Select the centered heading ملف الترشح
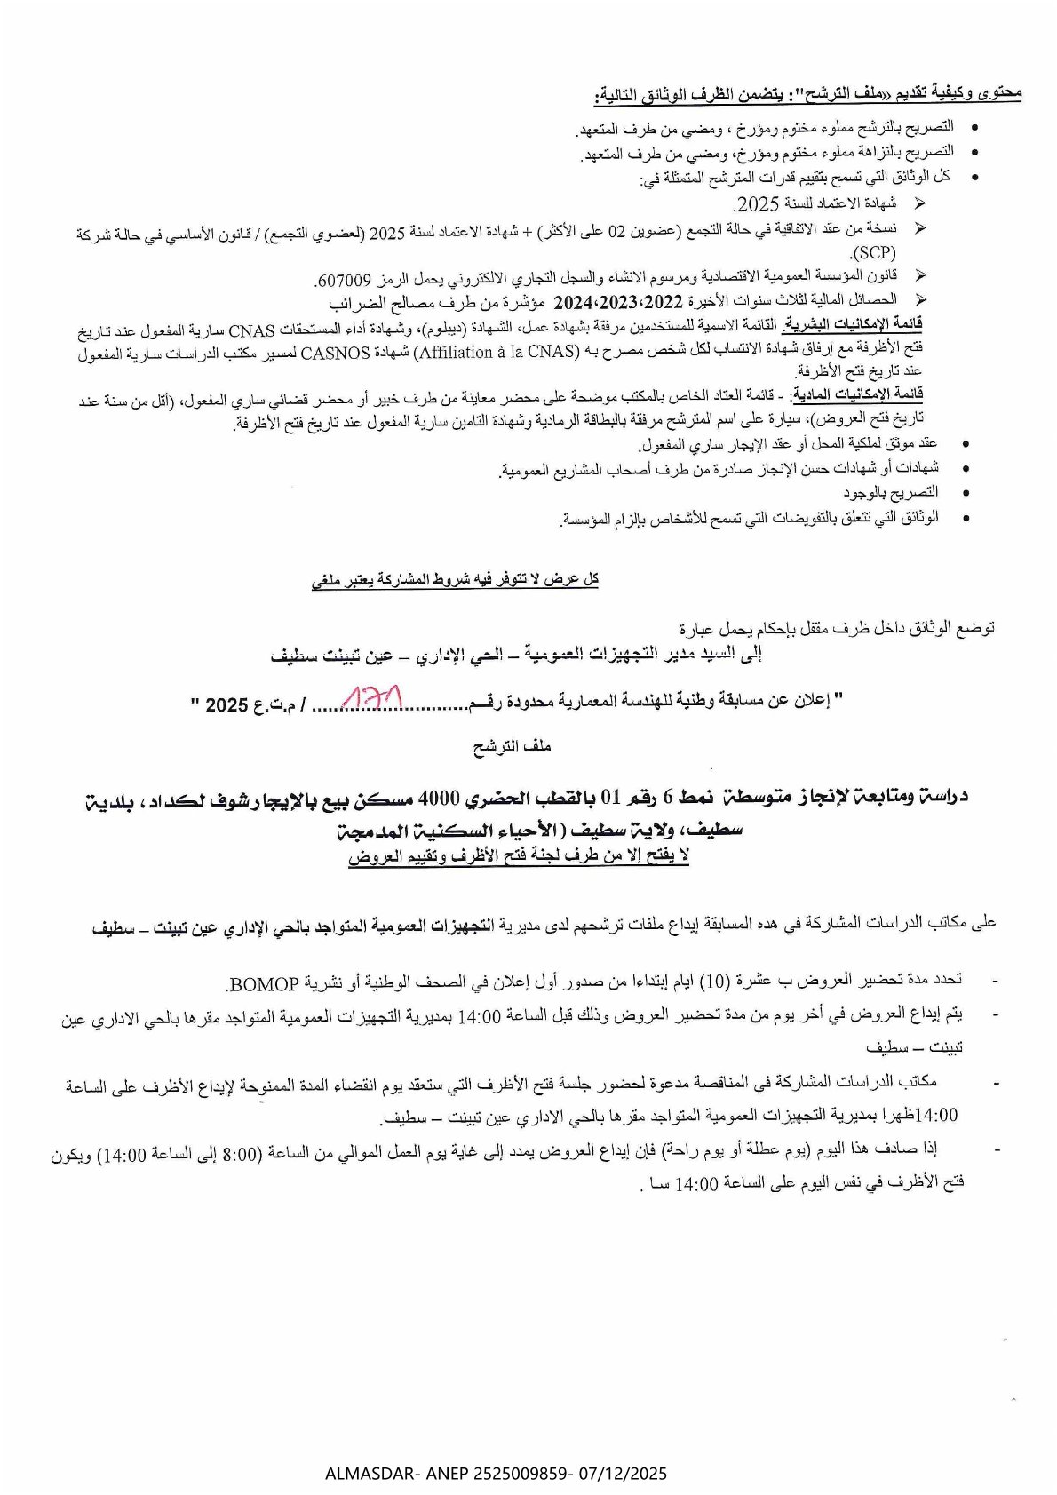pyautogui.click(x=513, y=747)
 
